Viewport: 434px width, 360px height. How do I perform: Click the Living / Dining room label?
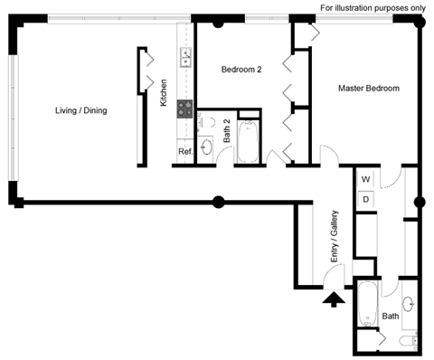coord(81,110)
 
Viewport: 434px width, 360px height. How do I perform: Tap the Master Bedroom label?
coord(369,88)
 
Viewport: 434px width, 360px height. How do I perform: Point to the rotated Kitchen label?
coord(164,93)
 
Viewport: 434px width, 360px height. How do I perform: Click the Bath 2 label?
coord(228,135)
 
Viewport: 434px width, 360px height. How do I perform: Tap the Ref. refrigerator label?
coord(184,152)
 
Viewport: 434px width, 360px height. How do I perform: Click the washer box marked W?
coord(367,179)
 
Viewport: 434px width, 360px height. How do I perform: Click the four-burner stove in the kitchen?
coord(185,109)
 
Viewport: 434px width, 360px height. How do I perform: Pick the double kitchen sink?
coord(184,59)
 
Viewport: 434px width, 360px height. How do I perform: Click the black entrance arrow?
coord(334,298)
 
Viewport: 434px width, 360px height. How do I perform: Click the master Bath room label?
coord(390,317)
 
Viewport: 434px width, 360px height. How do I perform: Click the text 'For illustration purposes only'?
coord(371,8)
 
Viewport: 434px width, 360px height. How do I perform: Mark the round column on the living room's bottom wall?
coord(218,201)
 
